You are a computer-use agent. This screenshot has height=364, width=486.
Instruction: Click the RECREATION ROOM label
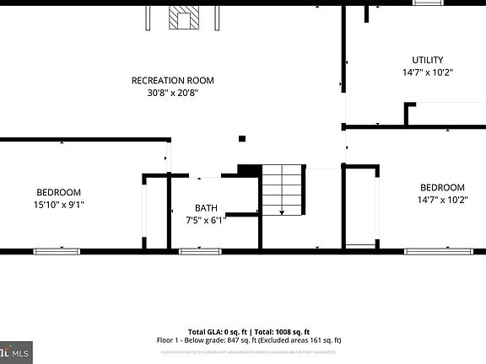172,81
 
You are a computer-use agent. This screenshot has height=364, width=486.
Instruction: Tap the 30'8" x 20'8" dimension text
172,94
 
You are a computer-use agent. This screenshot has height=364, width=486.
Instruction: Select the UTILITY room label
427,60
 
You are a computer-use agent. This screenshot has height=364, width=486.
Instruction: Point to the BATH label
206,208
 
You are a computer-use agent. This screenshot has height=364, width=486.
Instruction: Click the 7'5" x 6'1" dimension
206,220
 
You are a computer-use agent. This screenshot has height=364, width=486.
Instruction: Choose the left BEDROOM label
58,192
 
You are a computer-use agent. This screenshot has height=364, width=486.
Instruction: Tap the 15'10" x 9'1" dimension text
58,204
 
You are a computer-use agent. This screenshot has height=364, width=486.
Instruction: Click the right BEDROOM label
442,187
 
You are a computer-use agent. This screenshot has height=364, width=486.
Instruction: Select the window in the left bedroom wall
57,251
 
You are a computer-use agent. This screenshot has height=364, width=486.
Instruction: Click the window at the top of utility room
428,3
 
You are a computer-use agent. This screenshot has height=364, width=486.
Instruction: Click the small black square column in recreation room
242,138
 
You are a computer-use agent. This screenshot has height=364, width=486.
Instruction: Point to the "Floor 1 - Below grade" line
192,340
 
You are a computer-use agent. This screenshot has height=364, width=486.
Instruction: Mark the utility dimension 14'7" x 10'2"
427,72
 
